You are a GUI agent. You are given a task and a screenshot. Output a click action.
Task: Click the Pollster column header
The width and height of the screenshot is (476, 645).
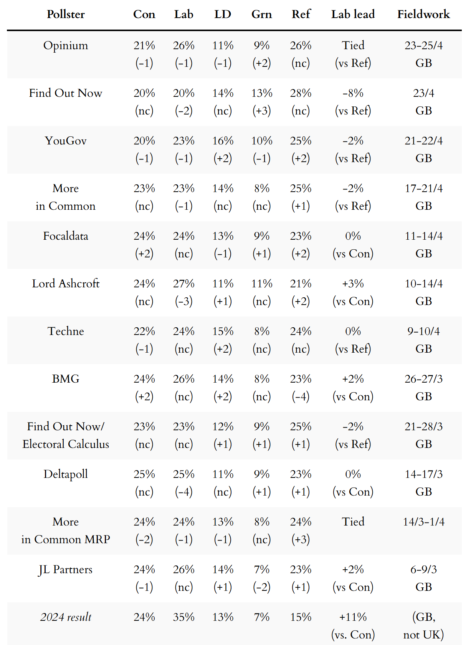pos(66,14)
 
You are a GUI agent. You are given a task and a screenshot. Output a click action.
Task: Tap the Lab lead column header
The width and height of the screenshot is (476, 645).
pos(353,14)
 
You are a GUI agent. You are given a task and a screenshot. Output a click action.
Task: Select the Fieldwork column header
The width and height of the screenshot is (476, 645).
pos(423,14)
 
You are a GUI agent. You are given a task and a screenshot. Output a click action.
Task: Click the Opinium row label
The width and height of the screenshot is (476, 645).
pos(66,45)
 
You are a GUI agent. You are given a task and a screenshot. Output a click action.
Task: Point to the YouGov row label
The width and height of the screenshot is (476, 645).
pos(66,141)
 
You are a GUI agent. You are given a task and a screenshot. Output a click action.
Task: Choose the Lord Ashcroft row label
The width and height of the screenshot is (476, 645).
pos(66,284)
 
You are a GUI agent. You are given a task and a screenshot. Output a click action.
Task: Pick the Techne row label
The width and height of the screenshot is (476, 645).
pos(66,331)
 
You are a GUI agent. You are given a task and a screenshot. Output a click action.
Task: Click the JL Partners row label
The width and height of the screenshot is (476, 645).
pos(66,569)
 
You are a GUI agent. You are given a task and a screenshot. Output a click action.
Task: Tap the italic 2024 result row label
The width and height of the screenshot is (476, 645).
pos(66,617)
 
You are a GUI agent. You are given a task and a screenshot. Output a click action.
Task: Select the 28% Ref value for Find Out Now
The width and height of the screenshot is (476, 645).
pos(301,93)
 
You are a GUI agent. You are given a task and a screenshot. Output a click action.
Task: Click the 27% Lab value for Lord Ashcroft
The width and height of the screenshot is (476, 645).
pos(183,284)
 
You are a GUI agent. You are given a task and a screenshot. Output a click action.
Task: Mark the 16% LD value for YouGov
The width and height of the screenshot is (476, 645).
pos(223,141)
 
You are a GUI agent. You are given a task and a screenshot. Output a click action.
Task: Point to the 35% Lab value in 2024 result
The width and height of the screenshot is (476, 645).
pos(183,617)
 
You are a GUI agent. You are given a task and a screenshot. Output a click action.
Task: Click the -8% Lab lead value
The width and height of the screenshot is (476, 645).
pos(353,93)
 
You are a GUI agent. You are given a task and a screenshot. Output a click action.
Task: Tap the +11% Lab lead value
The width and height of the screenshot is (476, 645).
pos(353,617)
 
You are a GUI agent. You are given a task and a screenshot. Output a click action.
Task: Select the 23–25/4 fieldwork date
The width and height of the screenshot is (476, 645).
pos(423,45)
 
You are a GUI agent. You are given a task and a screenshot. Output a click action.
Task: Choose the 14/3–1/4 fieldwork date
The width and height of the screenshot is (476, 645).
pos(423,522)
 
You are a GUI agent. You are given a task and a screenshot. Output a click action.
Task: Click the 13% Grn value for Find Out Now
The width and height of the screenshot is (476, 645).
pos(261,93)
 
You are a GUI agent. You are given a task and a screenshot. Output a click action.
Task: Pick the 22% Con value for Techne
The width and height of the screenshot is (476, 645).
pos(144,331)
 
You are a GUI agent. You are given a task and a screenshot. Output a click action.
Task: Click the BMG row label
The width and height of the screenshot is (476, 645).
pos(66,379)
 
